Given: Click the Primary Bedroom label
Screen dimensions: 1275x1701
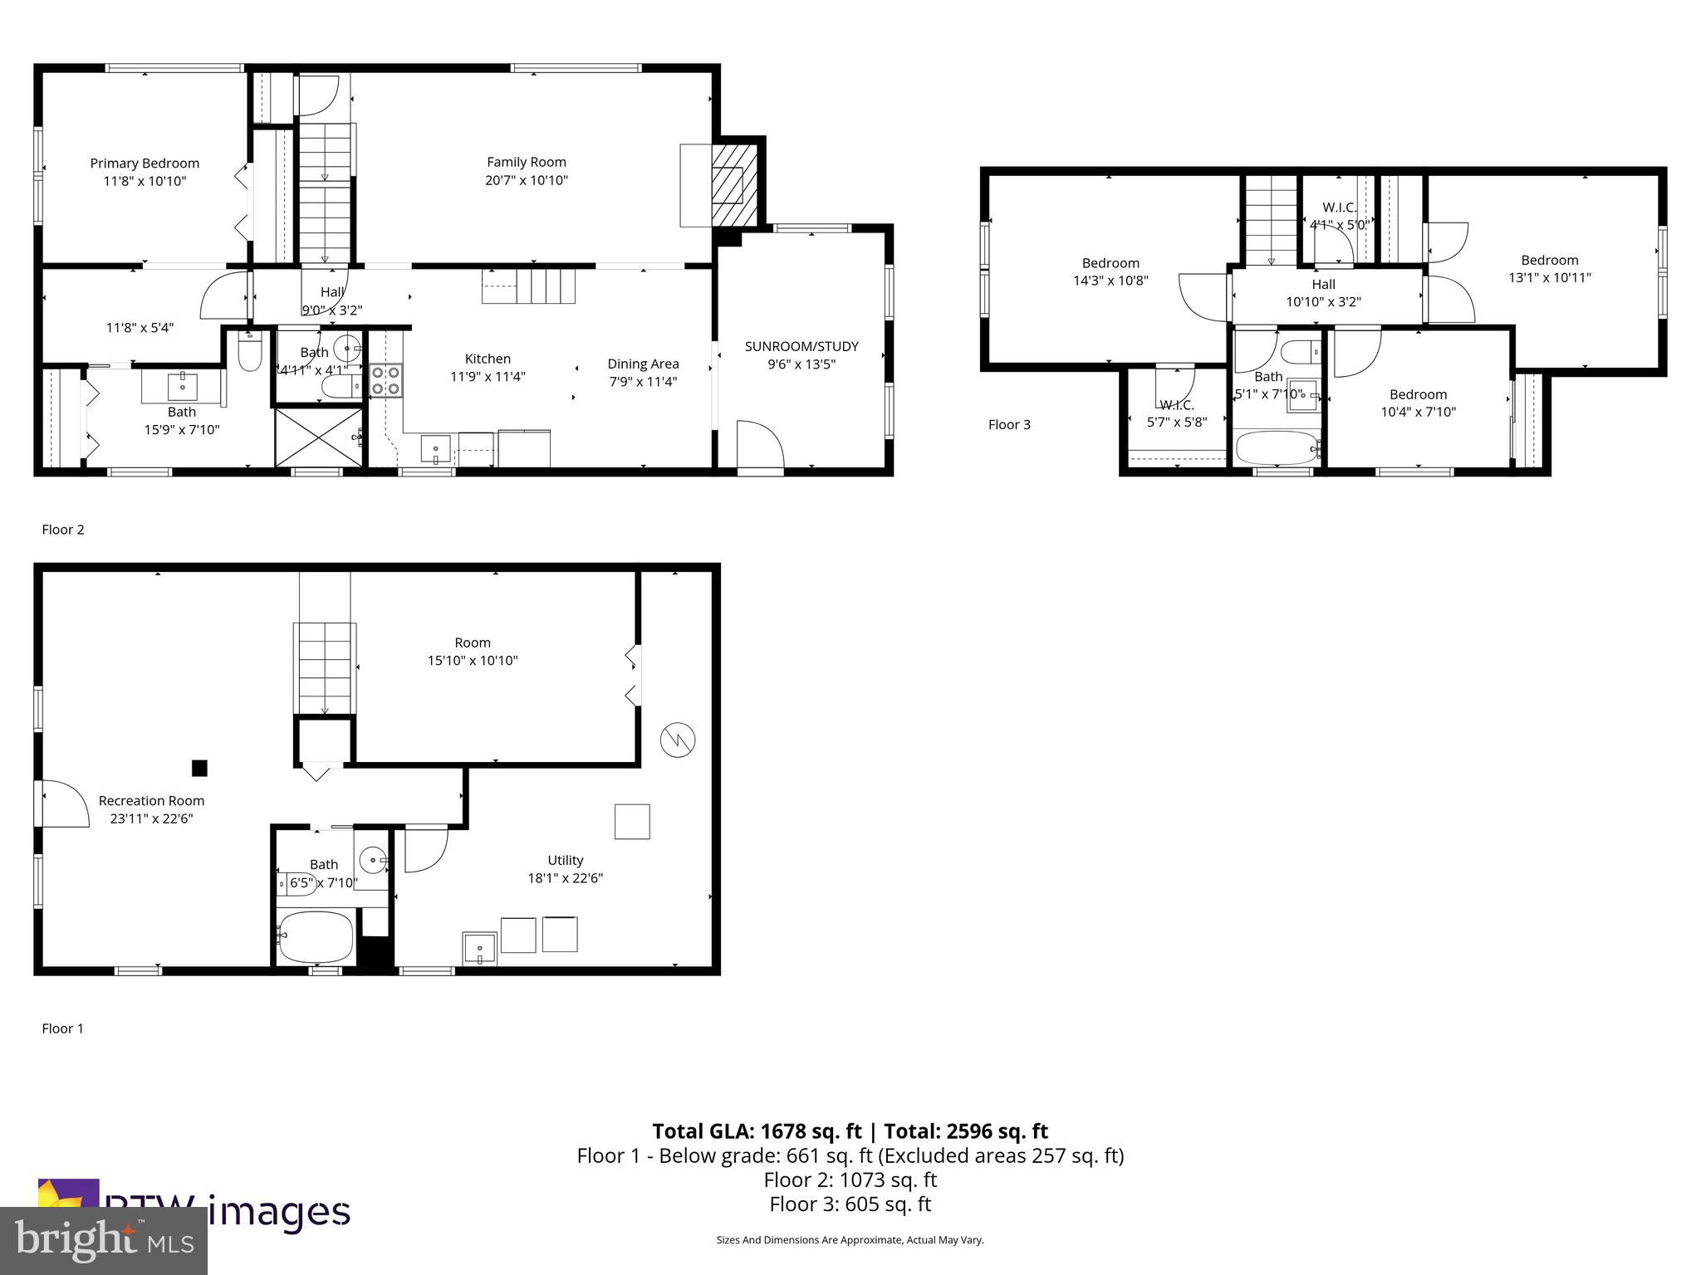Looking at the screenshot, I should [145, 164].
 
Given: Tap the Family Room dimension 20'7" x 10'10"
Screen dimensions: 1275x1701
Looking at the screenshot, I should [527, 180].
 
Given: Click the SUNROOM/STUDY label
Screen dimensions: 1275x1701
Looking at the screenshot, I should [801, 346].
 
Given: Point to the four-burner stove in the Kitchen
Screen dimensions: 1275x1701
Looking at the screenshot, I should [385, 381].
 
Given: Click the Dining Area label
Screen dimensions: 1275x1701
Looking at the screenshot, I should [643, 364].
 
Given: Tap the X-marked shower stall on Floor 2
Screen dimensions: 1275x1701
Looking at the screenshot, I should [319, 437].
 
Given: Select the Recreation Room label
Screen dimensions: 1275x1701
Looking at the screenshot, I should [151, 801].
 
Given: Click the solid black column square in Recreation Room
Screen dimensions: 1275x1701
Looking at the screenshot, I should [199, 769].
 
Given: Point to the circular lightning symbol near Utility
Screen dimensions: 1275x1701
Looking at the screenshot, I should [678, 740].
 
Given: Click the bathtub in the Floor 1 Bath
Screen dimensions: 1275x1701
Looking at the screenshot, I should [316, 936].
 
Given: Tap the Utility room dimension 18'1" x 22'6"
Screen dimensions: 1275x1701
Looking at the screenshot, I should [565, 878].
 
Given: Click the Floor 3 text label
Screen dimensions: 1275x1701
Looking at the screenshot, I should [1009, 425].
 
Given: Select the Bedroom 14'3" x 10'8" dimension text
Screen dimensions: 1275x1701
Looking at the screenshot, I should [1110, 281].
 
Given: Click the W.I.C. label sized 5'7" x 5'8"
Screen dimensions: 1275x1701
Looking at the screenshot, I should [1177, 405].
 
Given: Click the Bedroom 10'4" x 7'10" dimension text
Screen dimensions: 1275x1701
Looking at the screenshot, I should [1418, 412].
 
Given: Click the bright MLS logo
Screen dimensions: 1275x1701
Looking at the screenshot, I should [103, 1240].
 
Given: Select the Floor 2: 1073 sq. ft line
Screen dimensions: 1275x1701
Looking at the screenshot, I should [850, 1180].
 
